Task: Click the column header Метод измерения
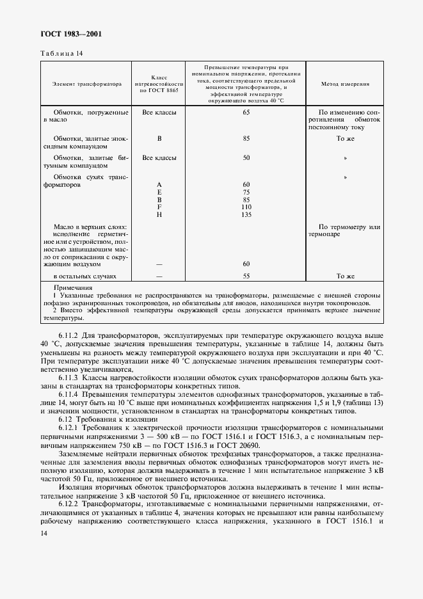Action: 344,84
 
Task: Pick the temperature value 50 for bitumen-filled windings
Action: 246,157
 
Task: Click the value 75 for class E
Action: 246,192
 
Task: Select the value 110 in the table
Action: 246,207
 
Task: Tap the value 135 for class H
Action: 246,214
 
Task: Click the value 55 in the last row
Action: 246,276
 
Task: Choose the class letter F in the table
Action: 159,207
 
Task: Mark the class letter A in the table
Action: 159,184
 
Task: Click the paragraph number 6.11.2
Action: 68,335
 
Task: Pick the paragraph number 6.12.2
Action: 68,504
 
